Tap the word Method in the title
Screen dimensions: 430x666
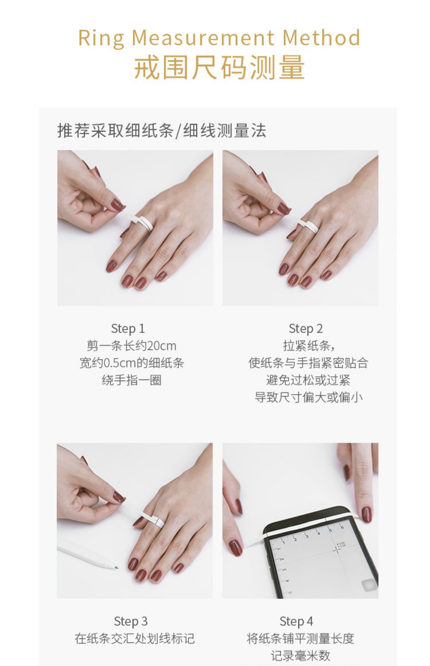(x=321, y=37)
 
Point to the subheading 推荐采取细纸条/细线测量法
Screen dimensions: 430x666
(x=162, y=131)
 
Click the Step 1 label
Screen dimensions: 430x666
(x=128, y=328)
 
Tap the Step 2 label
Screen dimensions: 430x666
(x=306, y=328)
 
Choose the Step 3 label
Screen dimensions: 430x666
(x=131, y=621)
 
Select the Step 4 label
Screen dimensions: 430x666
(x=296, y=621)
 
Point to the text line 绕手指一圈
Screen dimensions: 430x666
(x=132, y=380)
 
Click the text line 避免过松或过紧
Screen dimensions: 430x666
(x=308, y=380)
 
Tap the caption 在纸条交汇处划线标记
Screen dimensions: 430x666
(x=135, y=638)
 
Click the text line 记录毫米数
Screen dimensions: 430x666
(x=300, y=656)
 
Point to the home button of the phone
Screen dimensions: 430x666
(x=368, y=586)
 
